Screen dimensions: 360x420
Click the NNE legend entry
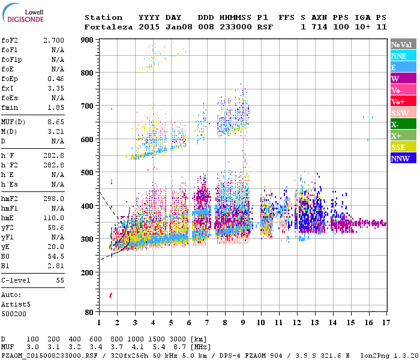point(403,56)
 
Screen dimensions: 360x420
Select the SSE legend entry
point(403,147)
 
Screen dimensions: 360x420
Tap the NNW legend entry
point(403,158)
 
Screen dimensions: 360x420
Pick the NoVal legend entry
point(403,44)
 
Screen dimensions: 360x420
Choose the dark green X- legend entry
point(403,124)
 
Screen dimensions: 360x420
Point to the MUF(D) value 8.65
point(56,122)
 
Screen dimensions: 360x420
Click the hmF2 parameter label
point(10,199)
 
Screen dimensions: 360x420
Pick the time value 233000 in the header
point(235,27)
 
